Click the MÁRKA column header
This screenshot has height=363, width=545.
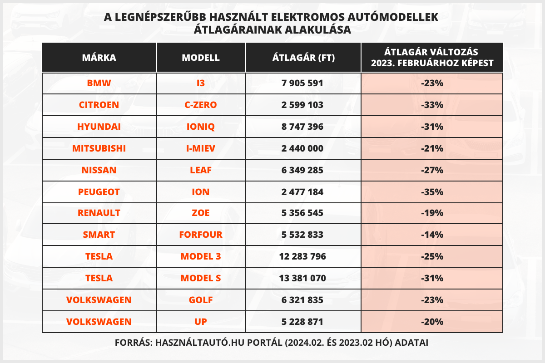coord(99,58)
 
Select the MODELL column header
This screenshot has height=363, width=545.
coord(201,58)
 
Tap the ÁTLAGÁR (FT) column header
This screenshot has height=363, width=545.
coord(303,58)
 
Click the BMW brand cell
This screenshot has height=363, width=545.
coord(99,83)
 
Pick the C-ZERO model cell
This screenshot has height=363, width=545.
coord(201,105)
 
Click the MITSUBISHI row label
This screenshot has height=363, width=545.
coord(99,148)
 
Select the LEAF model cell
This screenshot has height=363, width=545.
coord(201,170)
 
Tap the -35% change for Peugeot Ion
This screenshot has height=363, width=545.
coord(432,192)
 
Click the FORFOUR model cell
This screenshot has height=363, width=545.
coord(201,235)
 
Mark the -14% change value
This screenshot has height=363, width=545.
coord(432,235)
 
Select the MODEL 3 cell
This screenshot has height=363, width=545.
coord(201,256)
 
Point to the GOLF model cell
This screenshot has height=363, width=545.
coord(201,300)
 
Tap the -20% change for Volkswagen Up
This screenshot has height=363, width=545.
coord(432,322)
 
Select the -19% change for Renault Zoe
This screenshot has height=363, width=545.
coord(432,213)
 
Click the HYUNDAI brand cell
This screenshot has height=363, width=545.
coord(99,127)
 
